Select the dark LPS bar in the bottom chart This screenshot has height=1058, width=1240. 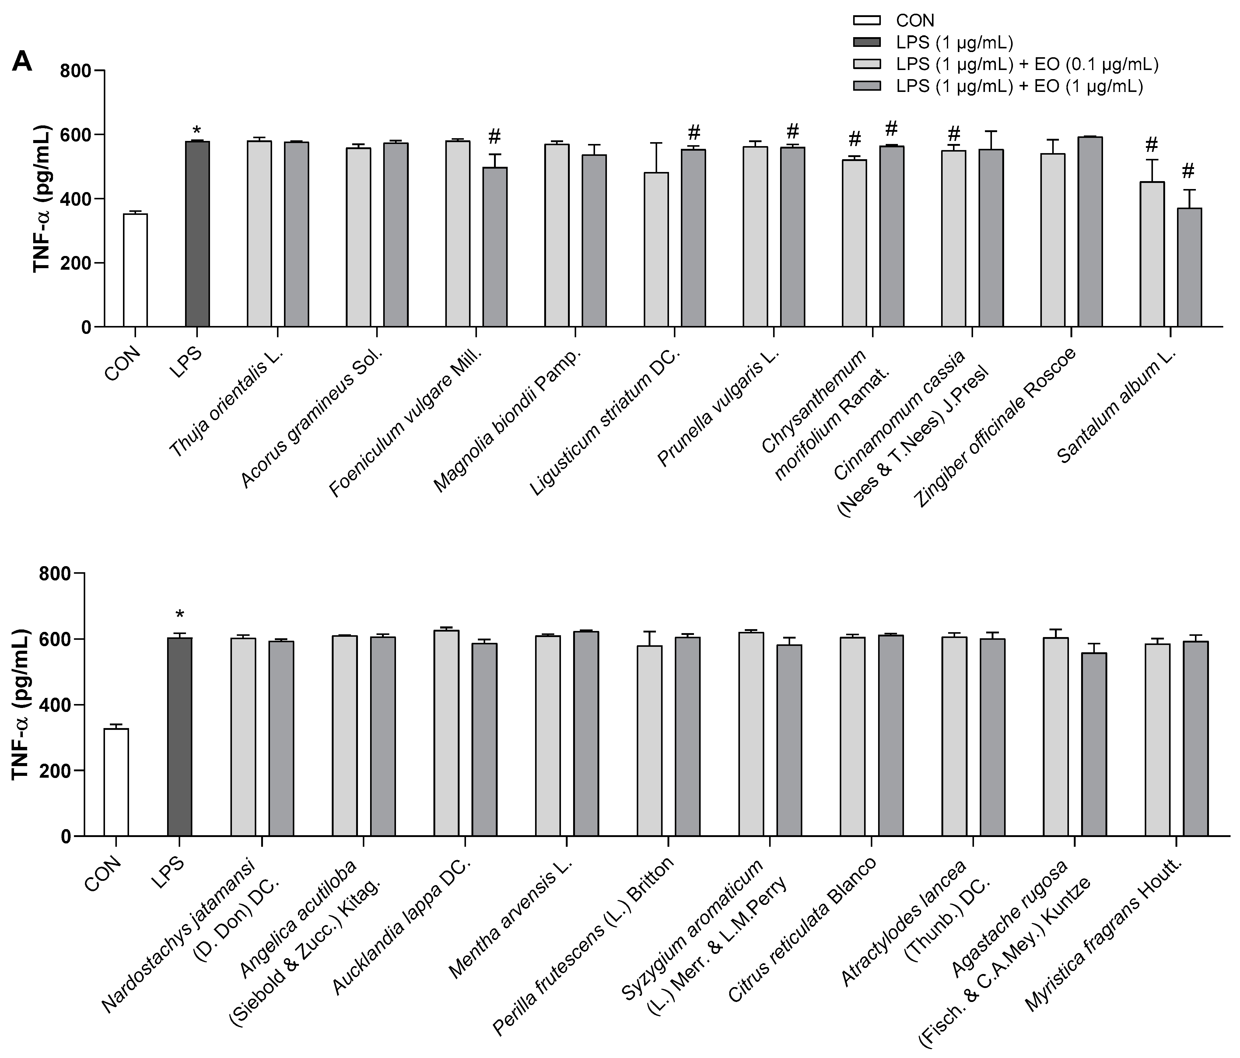pyautogui.click(x=180, y=736)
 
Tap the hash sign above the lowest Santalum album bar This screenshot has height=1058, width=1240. pyautogui.click(x=1188, y=172)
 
